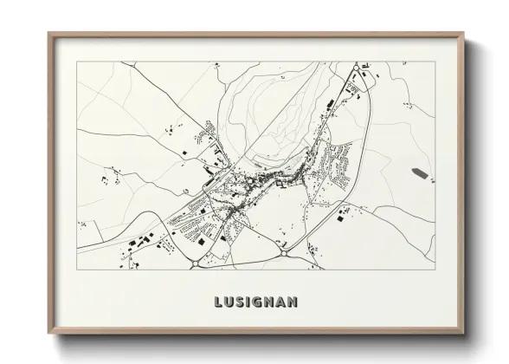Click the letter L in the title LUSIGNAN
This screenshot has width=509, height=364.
[x=216, y=302]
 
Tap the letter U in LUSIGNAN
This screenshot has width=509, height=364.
[x=228, y=302]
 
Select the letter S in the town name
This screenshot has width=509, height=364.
[x=239, y=302]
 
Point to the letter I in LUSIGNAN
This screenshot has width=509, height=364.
[x=248, y=302]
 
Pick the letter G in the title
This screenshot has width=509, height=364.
[x=257, y=302]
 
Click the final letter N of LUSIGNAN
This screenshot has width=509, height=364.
[x=293, y=302]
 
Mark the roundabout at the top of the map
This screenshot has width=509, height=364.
[x=355, y=68]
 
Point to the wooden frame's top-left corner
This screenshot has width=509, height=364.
[x=49, y=35]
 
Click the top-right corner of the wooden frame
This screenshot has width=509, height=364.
[x=464, y=35]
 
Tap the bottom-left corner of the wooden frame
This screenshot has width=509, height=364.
[x=49, y=334]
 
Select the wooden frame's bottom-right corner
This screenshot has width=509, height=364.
[x=464, y=334]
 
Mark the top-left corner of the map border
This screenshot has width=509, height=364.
[x=77, y=62]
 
